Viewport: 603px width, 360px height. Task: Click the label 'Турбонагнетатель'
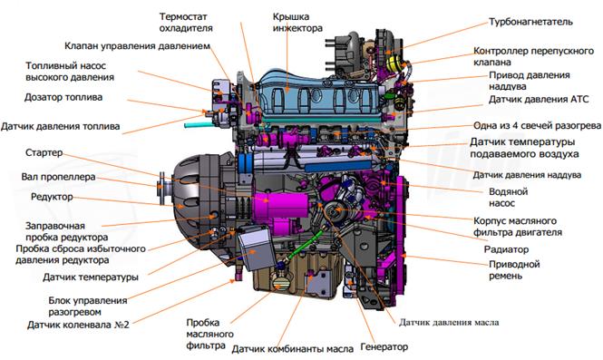point(530,22)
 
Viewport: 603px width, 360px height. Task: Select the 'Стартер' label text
point(44,152)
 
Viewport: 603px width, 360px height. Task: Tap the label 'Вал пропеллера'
point(58,177)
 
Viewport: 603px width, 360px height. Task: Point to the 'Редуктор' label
point(52,197)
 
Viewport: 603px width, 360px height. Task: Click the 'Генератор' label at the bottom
point(384,347)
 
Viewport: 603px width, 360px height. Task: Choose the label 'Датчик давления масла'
point(449,322)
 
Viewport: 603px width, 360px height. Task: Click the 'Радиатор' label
point(506,249)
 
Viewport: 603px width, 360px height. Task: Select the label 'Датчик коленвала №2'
point(78,325)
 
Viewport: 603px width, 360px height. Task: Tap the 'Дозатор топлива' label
point(63,97)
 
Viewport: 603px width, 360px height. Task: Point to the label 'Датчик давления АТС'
point(539,99)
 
